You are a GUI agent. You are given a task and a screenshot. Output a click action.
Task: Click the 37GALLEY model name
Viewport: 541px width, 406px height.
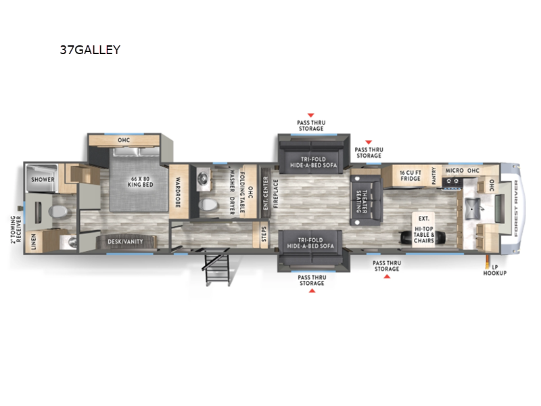[x=90, y=49]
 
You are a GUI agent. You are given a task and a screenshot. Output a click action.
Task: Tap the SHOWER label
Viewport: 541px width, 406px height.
[x=42, y=180]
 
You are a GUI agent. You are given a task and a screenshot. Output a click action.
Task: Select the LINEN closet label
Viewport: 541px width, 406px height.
[x=34, y=241]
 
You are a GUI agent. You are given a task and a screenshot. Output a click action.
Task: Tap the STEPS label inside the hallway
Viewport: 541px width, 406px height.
[x=264, y=234]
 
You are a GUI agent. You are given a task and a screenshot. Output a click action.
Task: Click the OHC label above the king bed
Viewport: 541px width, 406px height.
[x=123, y=141]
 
